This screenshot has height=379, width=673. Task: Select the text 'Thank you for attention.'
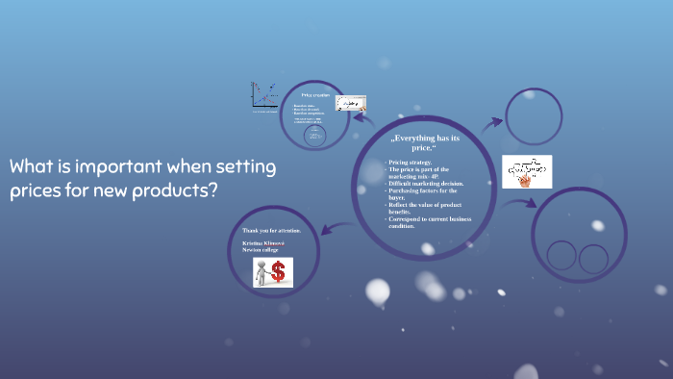click(271, 231)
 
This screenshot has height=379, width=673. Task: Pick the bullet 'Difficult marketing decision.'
click(427, 183)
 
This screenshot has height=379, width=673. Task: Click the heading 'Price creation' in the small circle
click(314, 96)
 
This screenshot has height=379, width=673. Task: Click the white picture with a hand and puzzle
click(527, 172)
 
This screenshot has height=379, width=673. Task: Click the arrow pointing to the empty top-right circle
click(491, 122)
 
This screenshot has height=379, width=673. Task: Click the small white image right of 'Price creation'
click(350, 102)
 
